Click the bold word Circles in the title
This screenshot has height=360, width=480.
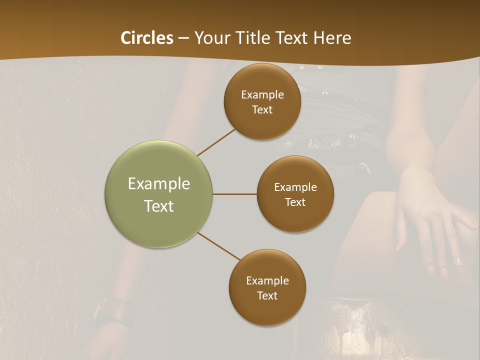[x=147, y=38]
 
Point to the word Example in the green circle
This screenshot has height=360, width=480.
[x=159, y=184]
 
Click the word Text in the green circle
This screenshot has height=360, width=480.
[x=159, y=206]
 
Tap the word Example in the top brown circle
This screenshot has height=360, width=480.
[x=262, y=95]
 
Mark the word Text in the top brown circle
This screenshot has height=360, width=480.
[x=262, y=110]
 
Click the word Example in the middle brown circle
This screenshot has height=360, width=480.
[x=295, y=187]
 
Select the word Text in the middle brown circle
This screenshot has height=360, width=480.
[x=295, y=202]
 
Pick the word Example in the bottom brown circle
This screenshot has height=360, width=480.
[x=267, y=281]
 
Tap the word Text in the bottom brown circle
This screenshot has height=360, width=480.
[x=267, y=296]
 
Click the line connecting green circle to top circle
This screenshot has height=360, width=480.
[x=216, y=142]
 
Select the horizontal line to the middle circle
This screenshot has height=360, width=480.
[x=235, y=194]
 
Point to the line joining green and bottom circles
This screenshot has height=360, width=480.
[x=219, y=246]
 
